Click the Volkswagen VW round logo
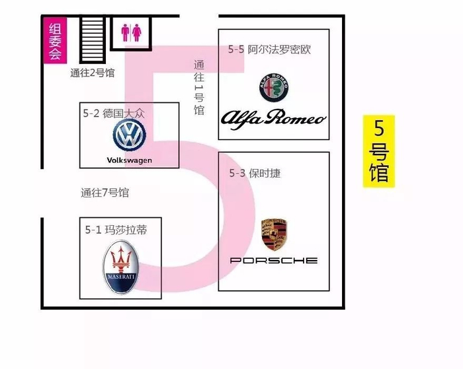pos(130,135)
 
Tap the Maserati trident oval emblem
pos(120,267)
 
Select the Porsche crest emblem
pos(274,234)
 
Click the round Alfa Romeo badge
pos(274,88)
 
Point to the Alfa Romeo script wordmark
pos(273,118)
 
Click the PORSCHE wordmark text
pos(274,260)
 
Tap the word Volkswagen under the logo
pos(130,160)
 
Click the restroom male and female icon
pos(131,33)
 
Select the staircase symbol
pos(93,39)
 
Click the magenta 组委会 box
pos(55,40)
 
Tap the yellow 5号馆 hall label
pos(379,151)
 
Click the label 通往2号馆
pos(93,73)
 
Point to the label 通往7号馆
pos(105,193)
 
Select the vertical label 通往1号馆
pos(199,87)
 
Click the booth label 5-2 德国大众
pos(114,114)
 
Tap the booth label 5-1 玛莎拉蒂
pos(116,230)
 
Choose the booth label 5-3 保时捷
pos(255,174)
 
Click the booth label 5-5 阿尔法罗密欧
pos(270,50)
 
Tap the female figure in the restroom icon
pos(136,33)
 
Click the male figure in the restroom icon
pos(126,33)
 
